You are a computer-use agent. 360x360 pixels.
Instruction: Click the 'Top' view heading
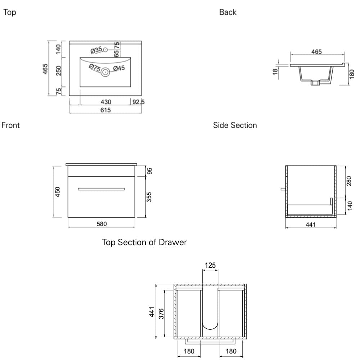pos(10,13)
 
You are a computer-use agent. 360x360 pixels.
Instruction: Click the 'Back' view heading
pos(228,12)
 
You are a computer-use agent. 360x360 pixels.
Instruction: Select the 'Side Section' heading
pos(235,125)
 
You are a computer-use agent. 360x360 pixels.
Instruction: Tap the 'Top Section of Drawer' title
pos(144,242)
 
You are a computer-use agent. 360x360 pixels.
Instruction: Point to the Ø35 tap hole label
pos(96,50)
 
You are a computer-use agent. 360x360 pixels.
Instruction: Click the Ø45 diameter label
pos(119,68)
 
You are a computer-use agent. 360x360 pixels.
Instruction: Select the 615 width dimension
pos(105,110)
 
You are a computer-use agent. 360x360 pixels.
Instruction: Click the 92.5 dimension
pos(138,102)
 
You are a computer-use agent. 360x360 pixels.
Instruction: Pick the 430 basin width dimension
pos(105,102)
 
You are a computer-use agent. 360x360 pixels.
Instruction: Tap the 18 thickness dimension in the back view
pos(275,71)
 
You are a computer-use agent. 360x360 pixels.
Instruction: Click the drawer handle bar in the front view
pos(101,189)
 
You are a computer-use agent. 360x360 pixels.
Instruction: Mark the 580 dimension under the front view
pos(102,224)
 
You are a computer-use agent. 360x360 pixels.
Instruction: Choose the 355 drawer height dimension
pos(150,197)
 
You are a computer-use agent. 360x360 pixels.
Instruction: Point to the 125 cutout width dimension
pos(210,266)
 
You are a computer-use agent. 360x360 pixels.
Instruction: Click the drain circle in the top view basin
pos(105,72)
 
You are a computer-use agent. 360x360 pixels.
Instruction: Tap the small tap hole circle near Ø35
pos(105,50)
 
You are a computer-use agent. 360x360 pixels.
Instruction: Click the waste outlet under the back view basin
pos(315,83)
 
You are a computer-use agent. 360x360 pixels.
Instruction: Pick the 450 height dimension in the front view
pos(58,192)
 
